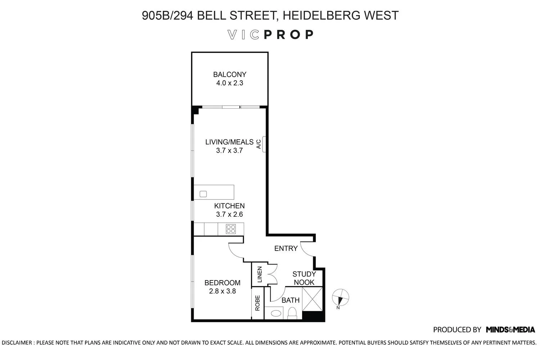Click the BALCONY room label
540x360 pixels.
click(x=230, y=75)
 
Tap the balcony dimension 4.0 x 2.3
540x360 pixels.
click(x=230, y=83)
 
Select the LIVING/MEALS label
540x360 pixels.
click(x=229, y=142)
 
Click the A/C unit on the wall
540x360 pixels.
click(x=264, y=144)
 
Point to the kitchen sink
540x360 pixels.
click(x=203, y=194)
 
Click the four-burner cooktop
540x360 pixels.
click(x=231, y=229)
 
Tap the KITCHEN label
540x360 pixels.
click(x=229, y=206)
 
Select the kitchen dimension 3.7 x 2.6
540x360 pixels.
click(x=229, y=215)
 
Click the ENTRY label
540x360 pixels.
click(x=286, y=248)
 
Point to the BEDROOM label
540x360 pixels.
click(x=222, y=283)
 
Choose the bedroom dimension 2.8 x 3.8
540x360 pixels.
click(x=222, y=291)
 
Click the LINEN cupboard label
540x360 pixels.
click(x=259, y=274)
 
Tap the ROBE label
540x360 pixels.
click(x=257, y=303)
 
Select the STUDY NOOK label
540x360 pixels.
click(x=304, y=278)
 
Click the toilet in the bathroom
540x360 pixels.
click(x=292, y=313)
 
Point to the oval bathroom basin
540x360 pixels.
click(x=276, y=313)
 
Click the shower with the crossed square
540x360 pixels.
click(x=312, y=299)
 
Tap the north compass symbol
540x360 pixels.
click(x=340, y=298)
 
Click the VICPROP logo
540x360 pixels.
click(x=270, y=35)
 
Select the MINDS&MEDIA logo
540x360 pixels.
click(x=510, y=329)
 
